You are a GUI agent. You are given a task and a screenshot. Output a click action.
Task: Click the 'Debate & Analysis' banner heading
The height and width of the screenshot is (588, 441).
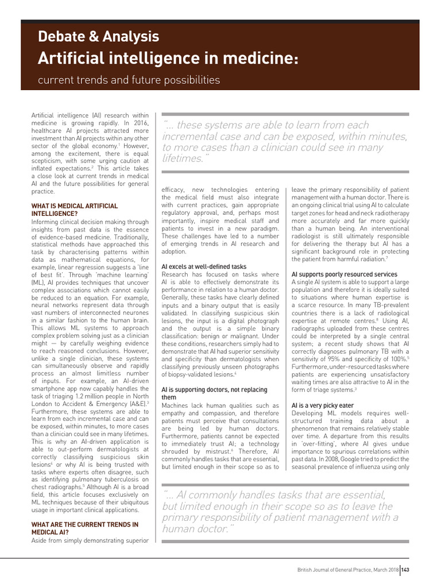pyautogui.click(x=98, y=37)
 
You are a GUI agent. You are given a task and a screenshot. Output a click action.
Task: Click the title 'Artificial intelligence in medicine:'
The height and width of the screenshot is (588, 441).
pyautogui.click(x=168, y=58)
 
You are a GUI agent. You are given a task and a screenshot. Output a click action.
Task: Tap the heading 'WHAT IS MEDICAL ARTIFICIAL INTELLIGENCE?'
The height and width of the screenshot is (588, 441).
pyautogui.click(x=74, y=210)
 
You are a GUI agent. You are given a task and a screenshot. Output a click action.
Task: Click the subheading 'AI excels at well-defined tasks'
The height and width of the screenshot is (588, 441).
pyautogui.click(x=204, y=266)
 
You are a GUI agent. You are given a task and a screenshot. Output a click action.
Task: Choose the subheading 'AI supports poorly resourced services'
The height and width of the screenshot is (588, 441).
pyautogui.click(x=344, y=274)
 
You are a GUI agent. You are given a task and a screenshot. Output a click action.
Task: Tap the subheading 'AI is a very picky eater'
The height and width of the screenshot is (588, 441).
pyautogui.click(x=322, y=405)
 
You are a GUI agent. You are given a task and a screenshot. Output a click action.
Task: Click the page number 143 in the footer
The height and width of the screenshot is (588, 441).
pyautogui.click(x=405, y=570)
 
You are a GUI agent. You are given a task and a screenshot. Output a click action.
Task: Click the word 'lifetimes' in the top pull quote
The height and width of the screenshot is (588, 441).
pyautogui.click(x=182, y=158)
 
